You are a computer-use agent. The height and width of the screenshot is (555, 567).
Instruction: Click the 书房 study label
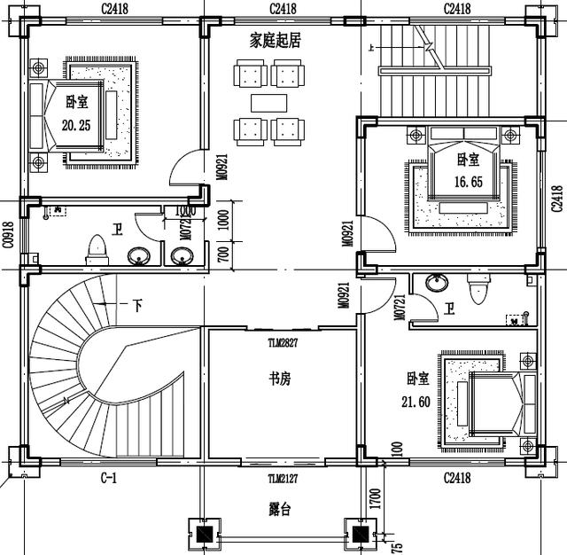pyautogui.click(x=280, y=379)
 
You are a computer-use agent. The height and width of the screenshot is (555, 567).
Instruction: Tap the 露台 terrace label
pyautogui.click(x=281, y=510)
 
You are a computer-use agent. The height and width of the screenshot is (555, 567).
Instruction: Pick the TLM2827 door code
pyautogui.click(x=283, y=340)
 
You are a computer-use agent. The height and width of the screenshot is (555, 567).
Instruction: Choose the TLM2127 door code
pyautogui.click(x=283, y=479)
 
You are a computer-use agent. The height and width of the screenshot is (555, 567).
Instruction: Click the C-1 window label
pyautogui.click(x=108, y=479)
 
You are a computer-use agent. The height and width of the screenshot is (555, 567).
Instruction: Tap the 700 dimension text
pyautogui.click(x=224, y=254)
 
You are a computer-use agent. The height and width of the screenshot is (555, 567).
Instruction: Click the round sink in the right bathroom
pyautogui.click(x=436, y=284)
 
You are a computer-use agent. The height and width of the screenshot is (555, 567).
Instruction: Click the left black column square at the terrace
pyautogui.click(x=205, y=535)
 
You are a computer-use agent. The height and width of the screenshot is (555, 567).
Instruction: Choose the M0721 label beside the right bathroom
pyautogui.click(x=400, y=301)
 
